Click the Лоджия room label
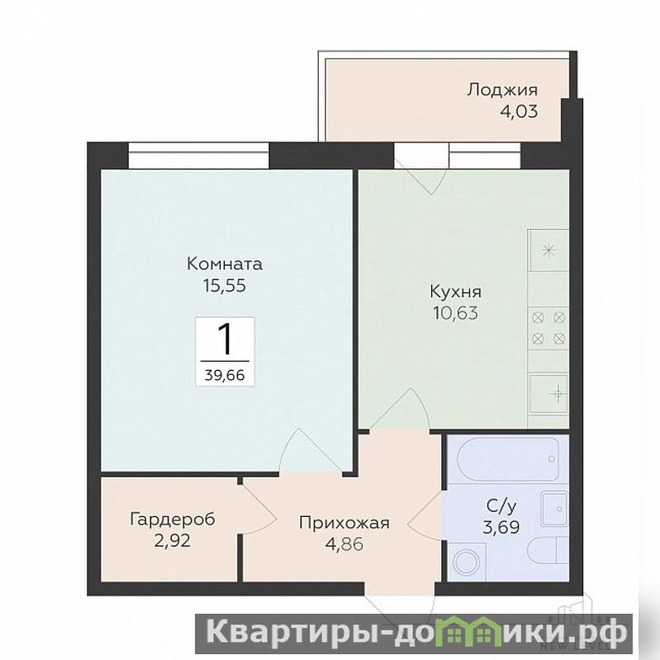point(501,91)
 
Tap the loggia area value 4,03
point(519,112)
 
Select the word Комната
point(225,264)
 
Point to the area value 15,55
point(225,286)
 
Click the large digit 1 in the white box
point(225,340)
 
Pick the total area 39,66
point(225,374)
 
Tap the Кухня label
point(455,292)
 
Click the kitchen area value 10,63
point(455,313)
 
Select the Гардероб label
point(173,519)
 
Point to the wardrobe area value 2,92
point(173,540)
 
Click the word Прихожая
point(344,523)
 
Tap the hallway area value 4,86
point(344,544)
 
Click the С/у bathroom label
point(501,507)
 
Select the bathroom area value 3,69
point(501,526)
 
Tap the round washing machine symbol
point(467,562)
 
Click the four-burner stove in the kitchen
point(548,328)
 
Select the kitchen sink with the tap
point(548,393)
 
